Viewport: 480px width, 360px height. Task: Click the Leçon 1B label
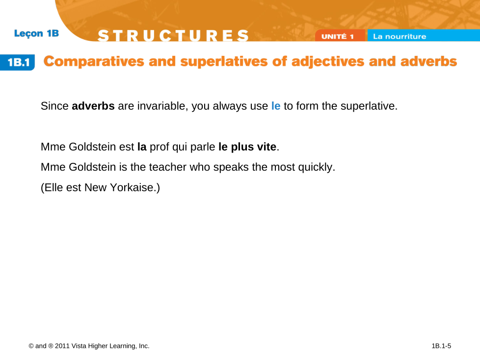click(36, 33)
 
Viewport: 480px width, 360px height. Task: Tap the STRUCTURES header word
click(173, 35)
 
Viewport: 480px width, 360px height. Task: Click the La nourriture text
click(400, 36)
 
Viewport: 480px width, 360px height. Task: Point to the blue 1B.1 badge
click(18, 62)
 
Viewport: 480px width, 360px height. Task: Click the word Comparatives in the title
click(94, 61)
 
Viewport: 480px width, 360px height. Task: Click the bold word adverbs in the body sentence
click(93, 106)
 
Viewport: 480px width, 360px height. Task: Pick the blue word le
click(276, 106)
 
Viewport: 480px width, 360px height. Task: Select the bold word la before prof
click(142, 147)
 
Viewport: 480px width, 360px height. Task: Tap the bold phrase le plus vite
click(247, 147)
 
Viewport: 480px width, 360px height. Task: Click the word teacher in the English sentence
click(168, 167)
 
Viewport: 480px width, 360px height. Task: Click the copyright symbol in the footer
click(31, 346)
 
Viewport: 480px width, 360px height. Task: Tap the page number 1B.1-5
click(441, 346)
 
